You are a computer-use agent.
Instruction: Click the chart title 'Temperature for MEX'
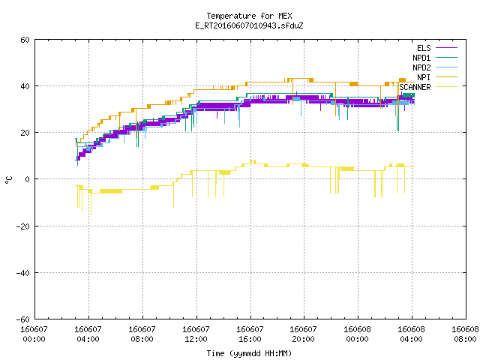[249, 16]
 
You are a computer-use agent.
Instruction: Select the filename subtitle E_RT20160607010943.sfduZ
[249, 25]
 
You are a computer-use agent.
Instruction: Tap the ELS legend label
[424, 48]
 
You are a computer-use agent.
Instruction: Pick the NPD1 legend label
[421, 58]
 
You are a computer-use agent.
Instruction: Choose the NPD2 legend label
[421, 67]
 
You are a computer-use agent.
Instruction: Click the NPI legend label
[424, 77]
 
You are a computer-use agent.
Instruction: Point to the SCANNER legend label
[415, 87]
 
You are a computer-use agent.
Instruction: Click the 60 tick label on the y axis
[25, 40]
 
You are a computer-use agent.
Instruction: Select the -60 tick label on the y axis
[23, 319]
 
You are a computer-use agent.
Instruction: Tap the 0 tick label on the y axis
[28, 179]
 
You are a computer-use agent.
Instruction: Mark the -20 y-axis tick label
[23, 226]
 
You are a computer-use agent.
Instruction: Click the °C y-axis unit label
[8, 180]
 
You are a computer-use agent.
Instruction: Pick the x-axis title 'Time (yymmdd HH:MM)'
[249, 353]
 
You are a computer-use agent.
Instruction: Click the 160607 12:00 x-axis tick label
[196, 334]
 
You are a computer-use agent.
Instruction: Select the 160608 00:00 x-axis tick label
[357, 334]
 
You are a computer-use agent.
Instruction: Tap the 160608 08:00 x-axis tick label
[465, 334]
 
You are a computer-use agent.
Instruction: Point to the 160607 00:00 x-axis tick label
[34, 334]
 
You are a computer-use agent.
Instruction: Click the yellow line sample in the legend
[446, 87]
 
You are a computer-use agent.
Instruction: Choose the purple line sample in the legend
[446, 48]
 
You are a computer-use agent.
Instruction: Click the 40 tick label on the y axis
[25, 86]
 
